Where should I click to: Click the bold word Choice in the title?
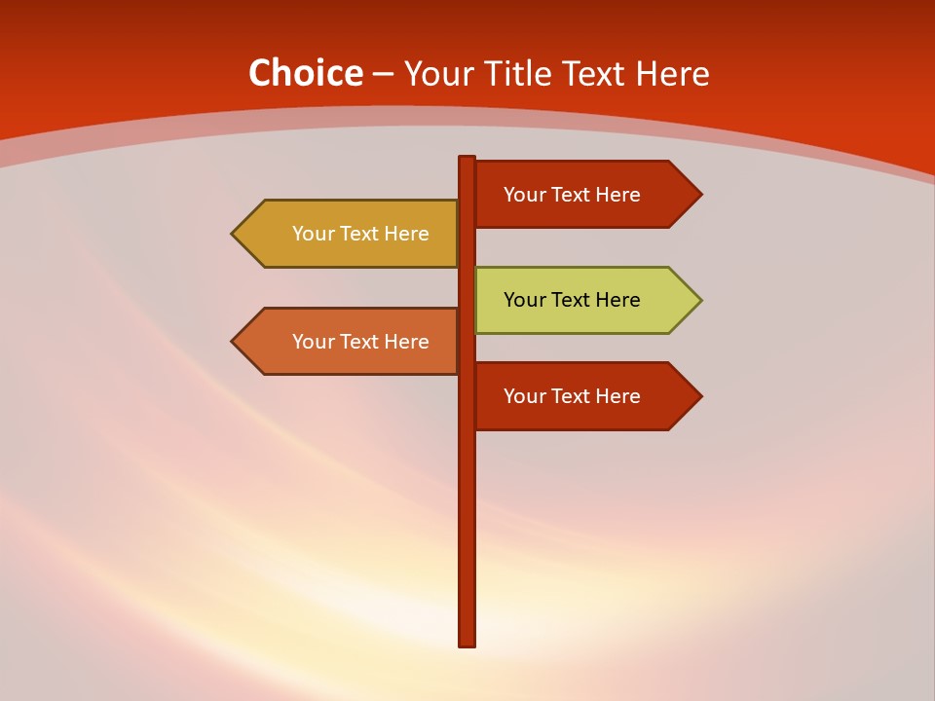(305, 73)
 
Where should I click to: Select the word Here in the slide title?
(672, 73)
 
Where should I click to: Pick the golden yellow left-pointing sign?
(351, 234)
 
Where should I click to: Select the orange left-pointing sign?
(351, 341)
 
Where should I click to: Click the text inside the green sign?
(572, 300)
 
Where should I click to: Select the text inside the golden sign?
(360, 234)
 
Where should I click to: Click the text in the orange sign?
(360, 342)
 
